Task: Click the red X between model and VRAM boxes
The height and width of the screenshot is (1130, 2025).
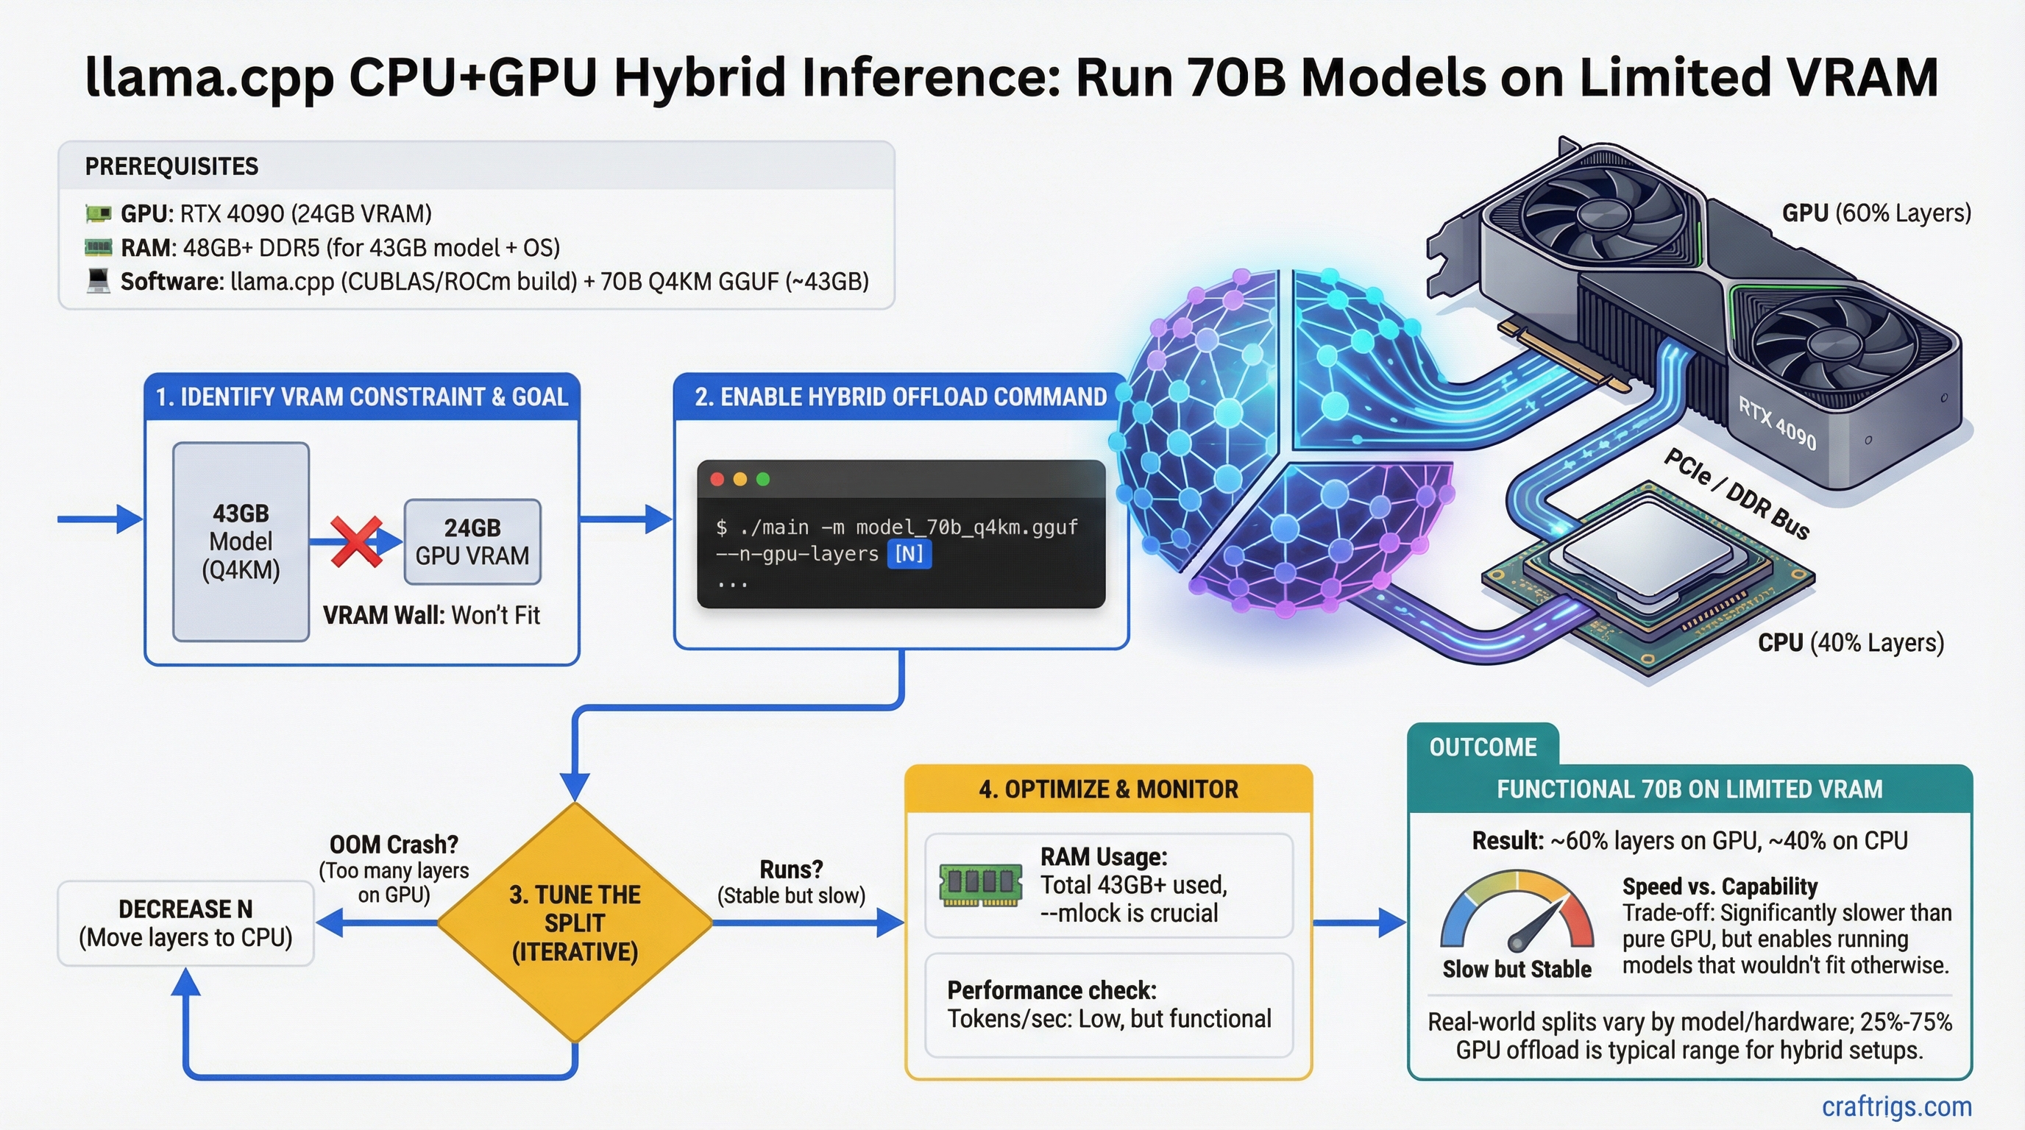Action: (x=356, y=541)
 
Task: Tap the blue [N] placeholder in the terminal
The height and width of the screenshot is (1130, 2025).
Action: (x=909, y=554)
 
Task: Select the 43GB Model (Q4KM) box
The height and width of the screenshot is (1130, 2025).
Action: (x=241, y=541)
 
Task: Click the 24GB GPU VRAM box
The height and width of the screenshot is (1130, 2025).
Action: (x=472, y=541)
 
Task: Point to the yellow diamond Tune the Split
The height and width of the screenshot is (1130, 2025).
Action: (x=575, y=923)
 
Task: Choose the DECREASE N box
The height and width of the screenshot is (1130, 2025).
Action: (x=185, y=923)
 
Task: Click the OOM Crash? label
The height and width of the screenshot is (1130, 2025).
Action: (x=394, y=845)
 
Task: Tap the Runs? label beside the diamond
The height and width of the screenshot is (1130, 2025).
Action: (x=791, y=870)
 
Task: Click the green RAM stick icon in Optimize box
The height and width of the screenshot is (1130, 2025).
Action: (x=980, y=885)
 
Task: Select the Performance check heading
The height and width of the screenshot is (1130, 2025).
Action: (x=1051, y=990)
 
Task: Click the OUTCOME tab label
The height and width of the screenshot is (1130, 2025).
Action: (x=1483, y=747)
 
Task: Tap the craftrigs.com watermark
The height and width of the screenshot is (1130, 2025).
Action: (x=1896, y=1106)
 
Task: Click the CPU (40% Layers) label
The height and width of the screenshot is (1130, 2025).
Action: (x=1851, y=643)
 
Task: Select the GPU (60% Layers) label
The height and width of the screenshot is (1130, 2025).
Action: (x=1876, y=213)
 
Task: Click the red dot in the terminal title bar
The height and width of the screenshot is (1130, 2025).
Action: (x=717, y=480)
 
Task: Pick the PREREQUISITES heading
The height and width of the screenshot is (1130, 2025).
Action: (x=171, y=166)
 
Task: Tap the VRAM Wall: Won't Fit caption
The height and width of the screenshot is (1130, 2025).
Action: (x=430, y=615)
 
